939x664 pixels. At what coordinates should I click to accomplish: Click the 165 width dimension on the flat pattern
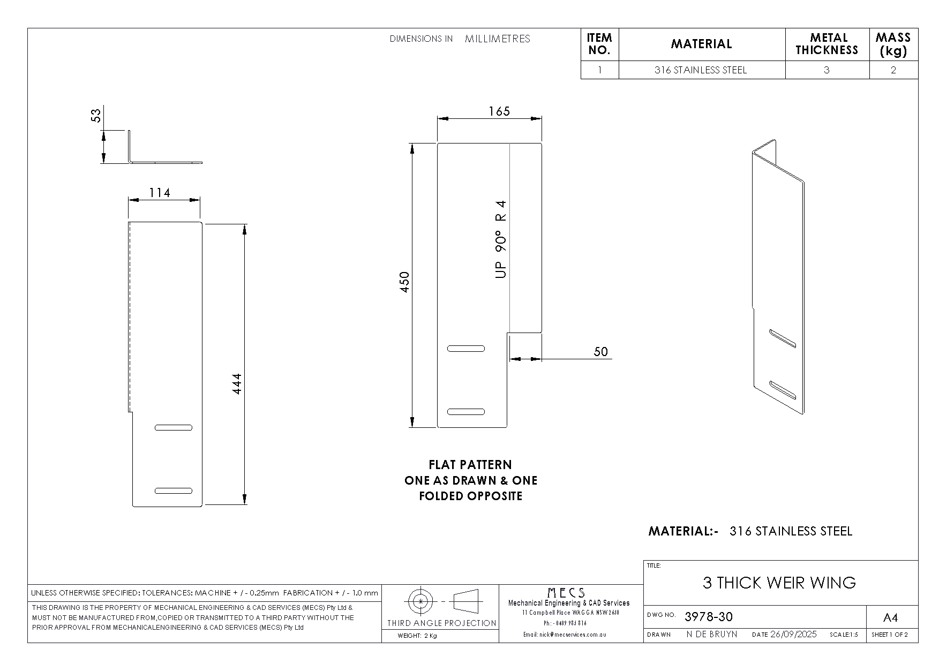(499, 111)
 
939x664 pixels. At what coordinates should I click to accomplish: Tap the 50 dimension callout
(601, 352)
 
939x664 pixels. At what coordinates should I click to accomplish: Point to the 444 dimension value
(237, 383)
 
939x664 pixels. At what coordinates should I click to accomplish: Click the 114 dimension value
(160, 193)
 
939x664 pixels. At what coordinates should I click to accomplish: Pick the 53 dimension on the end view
(96, 115)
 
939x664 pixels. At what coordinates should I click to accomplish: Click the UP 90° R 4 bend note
(501, 239)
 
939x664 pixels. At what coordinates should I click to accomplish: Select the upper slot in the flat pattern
(466, 349)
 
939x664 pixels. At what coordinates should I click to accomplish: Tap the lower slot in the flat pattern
(466, 412)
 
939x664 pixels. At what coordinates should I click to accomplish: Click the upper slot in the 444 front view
(174, 427)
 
